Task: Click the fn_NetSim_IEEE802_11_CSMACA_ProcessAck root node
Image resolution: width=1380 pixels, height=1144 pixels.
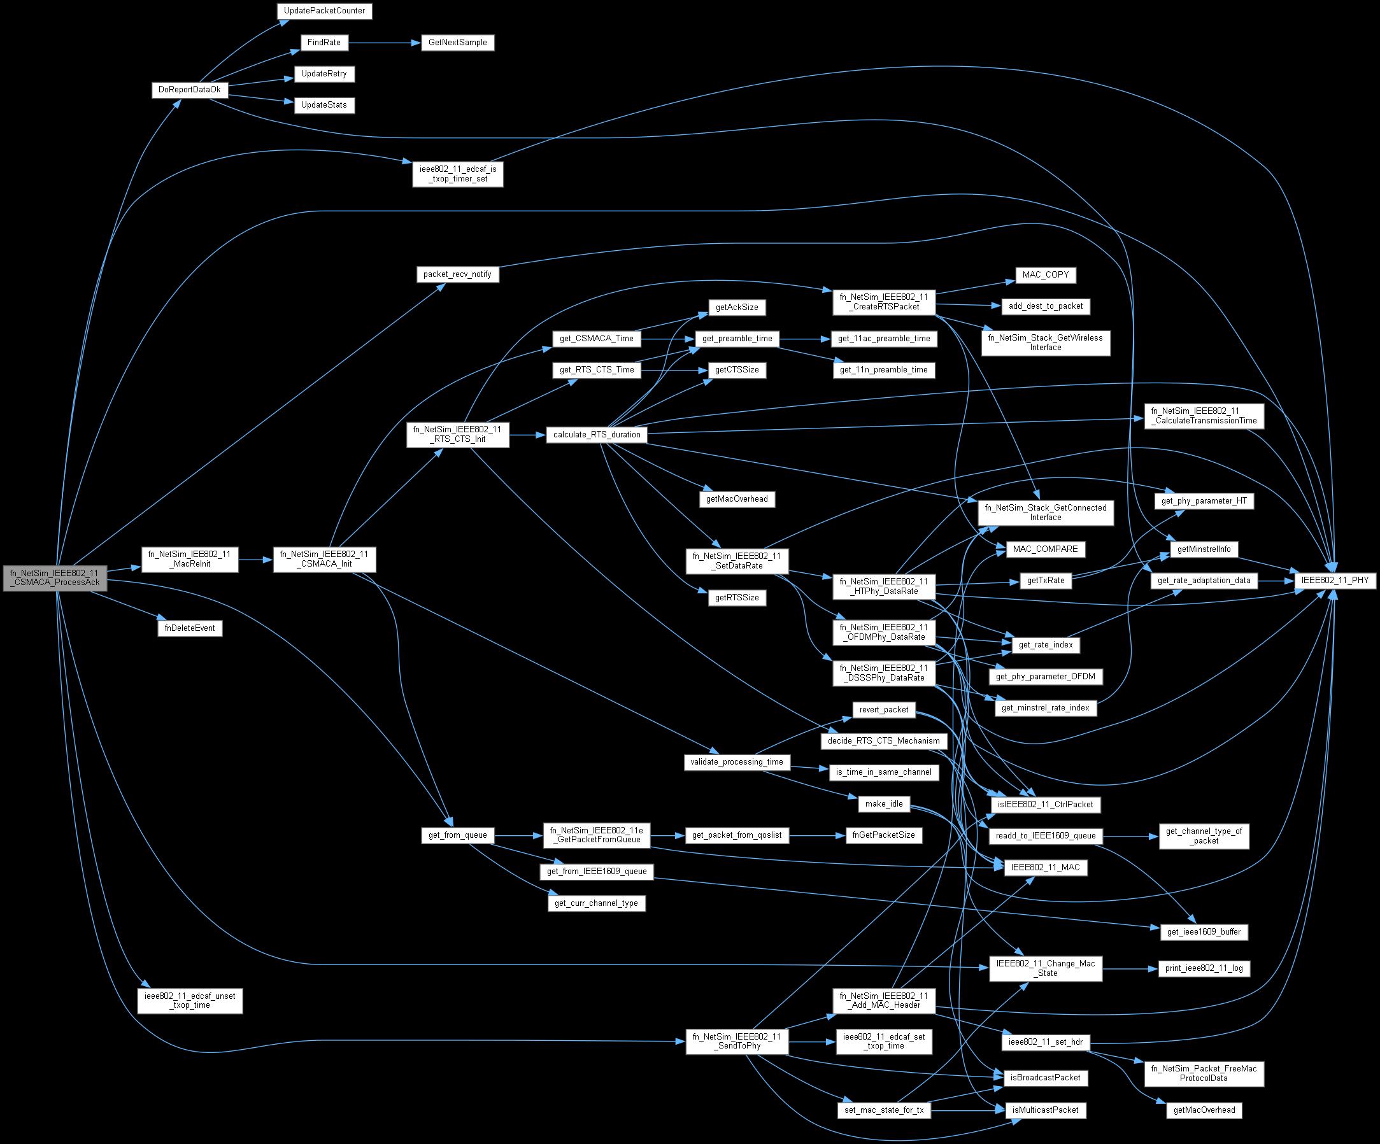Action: click(x=55, y=577)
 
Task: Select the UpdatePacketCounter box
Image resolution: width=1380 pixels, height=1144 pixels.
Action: click(x=325, y=11)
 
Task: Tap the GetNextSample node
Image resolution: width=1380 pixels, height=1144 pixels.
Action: click(x=457, y=43)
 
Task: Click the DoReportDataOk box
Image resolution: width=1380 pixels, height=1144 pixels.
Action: click(x=190, y=89)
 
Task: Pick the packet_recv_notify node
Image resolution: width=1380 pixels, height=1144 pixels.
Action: click(x=457, y=274)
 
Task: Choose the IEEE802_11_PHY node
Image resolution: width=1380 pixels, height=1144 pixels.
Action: click(x=1332, y=580)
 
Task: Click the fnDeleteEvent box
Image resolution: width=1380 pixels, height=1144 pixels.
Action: click(x=190, y=628)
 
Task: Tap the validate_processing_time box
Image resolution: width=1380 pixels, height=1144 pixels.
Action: click(x=737, y=761)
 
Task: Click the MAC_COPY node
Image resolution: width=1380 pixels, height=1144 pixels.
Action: click(x=1046, y=274)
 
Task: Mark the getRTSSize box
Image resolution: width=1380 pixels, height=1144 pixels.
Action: click(x=737, y=598)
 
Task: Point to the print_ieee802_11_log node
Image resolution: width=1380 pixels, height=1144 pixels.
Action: click(x=1204, y=968)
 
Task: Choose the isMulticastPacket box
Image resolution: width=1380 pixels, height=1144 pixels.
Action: click(x=1046, y=1110)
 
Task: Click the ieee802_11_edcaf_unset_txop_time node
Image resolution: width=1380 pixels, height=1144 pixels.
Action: click(x=190, y=1001)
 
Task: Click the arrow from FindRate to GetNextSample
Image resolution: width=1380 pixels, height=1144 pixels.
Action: click(x=384, y=43)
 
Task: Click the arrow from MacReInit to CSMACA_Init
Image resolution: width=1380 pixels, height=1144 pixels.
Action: click(x=255, y=560)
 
